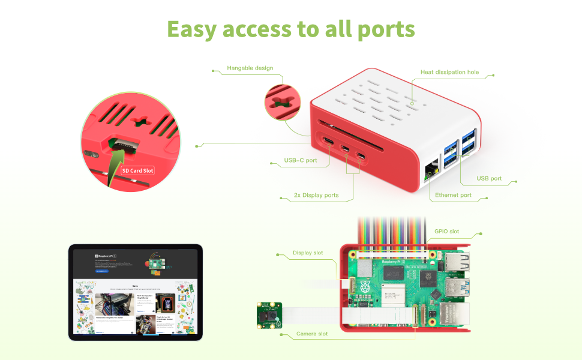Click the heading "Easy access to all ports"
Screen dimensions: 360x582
(x=291, y=29)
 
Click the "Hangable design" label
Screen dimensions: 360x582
(x=250, y=68)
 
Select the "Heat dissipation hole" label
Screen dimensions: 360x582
(x=449, y=72)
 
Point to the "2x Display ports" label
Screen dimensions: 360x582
(x=316, y=195)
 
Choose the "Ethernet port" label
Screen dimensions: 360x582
(x=453, y=195)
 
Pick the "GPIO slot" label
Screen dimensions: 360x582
(x=446, y=231)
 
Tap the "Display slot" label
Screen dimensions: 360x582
(x=308, y=253)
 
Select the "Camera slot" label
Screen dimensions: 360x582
(x=312, y=334)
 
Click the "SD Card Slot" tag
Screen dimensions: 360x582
(x=138, y=170)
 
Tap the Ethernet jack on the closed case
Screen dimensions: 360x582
(x=431, y=170)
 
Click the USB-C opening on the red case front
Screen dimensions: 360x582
(x=329, y=142)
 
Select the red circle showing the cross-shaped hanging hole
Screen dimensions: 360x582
(x=282, y=100)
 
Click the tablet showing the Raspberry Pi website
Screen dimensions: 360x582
(x=136, y=292)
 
